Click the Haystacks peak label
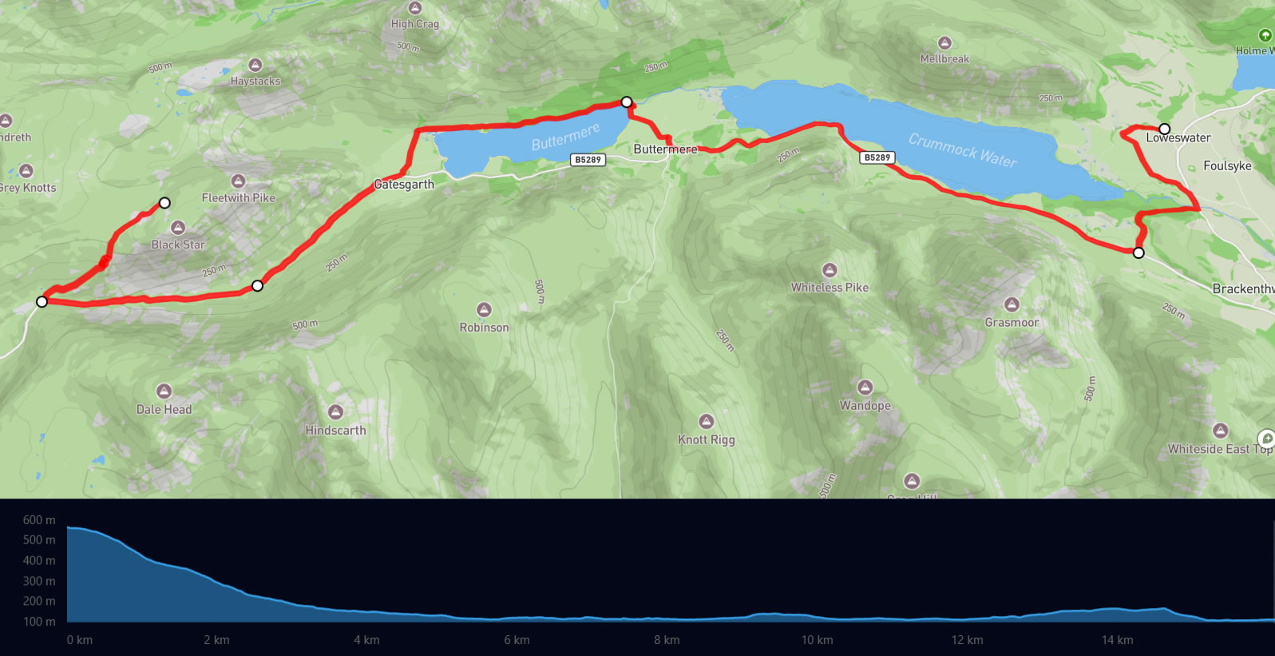coord(255,81)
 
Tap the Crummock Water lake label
coord(963,150)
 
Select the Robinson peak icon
coord(484,310)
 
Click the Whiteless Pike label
coord(830,288)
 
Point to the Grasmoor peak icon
coord(1012,304)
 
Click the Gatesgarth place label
coord(404,185)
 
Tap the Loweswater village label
coord(1178,138)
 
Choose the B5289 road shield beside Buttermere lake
coord(588,160)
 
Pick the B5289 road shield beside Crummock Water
coord(877,157)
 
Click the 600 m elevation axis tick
coord(39,520)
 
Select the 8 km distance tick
coord(667,640)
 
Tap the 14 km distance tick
coord(1117,640)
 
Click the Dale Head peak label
coord(164,410)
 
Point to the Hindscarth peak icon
coord(335,412)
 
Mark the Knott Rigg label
coord(706,439)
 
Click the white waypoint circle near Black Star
coord(164,203)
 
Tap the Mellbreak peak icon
coord(944,42)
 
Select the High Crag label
coord(414,24)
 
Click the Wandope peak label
coord(865,406)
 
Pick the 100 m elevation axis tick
coord(39,622)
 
